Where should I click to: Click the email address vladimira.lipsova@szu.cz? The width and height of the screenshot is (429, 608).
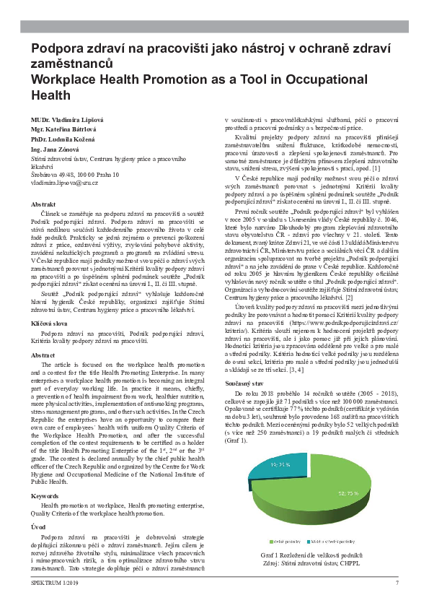(x=64, y=184)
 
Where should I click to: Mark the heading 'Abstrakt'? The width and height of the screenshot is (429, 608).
(x=43, y=204)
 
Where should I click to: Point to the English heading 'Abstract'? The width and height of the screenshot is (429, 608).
(x=43, y=355)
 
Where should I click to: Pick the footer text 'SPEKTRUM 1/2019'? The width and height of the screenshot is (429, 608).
(x=53, y=583)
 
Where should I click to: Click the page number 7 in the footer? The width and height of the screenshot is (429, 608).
(x=397, y=583)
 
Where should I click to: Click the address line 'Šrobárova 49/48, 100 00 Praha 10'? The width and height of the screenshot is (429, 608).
(x=75, y=175)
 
